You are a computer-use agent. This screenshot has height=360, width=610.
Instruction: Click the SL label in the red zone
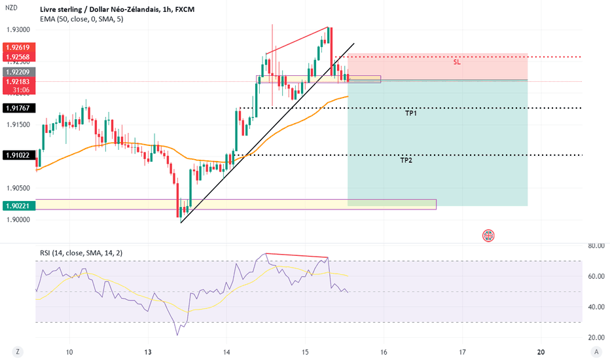(x=457, y=62)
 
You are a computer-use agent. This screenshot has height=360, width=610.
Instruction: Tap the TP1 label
(x=411, y=113)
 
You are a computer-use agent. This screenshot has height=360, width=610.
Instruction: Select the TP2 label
(x=406, y=160)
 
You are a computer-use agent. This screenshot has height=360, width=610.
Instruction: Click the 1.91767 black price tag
(x=19, y=108)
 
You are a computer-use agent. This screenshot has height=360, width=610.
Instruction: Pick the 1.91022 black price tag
(x=19, y=155)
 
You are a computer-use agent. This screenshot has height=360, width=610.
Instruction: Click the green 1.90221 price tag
(x=19, y=206)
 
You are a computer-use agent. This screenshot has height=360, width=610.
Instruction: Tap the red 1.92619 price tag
(x=19, y=48)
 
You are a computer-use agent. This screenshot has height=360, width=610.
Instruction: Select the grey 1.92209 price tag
(x=19, y=72)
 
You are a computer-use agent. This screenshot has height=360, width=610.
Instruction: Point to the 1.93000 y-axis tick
(x=18, y=29)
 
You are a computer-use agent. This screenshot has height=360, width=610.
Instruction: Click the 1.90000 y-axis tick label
(x=18, y=219)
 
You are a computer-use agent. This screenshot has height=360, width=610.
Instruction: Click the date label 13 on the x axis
(x=148, y=352)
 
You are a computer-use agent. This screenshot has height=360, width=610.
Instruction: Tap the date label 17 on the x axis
(x=462, y=352)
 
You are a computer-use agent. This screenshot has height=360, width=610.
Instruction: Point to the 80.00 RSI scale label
(x=596, y=245)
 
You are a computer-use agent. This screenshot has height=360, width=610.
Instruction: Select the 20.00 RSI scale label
(x=596, y=338)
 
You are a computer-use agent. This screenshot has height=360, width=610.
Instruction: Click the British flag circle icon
(x=488, y=236)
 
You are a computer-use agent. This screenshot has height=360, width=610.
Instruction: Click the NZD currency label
(x=11, y=7)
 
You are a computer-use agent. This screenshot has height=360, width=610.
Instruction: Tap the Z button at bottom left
(x=18, y=352)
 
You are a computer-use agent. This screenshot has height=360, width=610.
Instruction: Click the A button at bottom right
(x=596, y=352)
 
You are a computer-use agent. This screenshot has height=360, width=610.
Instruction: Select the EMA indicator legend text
(x=82, y=19)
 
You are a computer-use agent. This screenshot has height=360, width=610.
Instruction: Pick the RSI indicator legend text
(x=81, y=253)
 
